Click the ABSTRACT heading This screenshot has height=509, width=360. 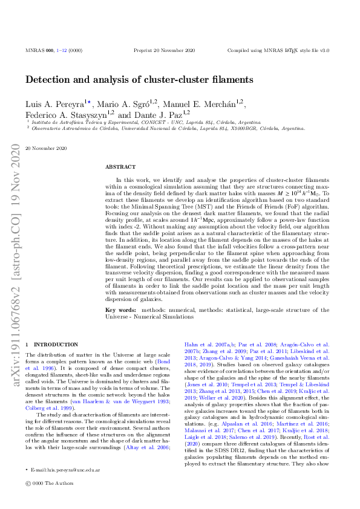(117, 166)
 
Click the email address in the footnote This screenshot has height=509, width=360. (66, 468)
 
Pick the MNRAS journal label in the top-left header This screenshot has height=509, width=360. (35, 50)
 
